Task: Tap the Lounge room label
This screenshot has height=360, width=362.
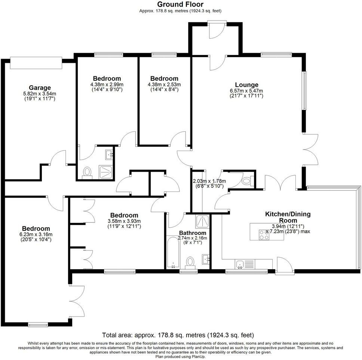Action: tap(246, 85)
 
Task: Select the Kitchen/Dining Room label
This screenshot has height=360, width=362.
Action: tap(288, 217)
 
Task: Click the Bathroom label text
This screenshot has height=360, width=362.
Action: tap(193, 233)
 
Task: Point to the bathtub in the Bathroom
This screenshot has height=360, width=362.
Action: tap(173, 252)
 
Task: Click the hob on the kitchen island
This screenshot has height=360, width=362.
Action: tap(263, 234)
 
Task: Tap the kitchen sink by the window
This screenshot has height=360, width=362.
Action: tap(240, 264)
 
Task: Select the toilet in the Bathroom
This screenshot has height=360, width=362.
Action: tap(190, 261)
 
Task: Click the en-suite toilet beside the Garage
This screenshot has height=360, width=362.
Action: tap(88, 172)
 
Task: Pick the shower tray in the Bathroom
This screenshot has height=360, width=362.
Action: tap(202, 222)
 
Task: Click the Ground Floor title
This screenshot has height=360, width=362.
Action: tap(180, 4)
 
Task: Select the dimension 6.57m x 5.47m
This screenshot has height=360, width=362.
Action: tap(246, 91)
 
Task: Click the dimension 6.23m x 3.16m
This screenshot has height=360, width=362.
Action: tap(36, 235)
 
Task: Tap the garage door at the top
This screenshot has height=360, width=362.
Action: tap(36, 62)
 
